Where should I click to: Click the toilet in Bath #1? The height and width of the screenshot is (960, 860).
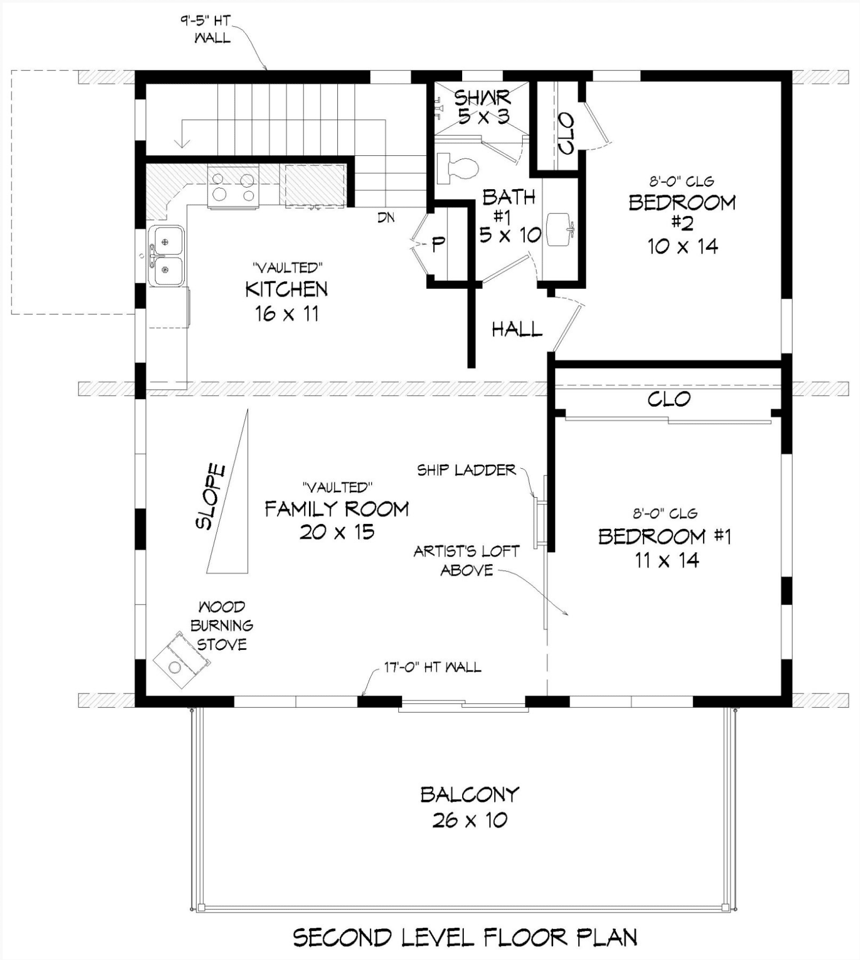pos(456,167)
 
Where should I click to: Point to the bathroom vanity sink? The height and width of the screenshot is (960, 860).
pos(559,230)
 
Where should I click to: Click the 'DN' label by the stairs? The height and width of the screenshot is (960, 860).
pos(386,218)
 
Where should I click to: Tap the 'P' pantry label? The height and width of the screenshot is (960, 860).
pos(438,245)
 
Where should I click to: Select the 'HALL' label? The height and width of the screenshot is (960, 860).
pos(517,329)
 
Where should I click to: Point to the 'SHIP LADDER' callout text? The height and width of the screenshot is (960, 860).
pos(467,470)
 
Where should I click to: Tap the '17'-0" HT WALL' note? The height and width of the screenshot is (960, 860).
pos(433,667)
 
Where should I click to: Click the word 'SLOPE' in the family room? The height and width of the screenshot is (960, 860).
pos(210,496)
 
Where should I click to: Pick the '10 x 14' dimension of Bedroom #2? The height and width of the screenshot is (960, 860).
pos(683,246)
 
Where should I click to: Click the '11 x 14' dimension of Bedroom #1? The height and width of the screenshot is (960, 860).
pos(667,560)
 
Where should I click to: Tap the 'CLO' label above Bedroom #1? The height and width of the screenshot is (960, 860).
pos(669,399)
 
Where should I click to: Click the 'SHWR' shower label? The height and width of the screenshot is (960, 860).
pos(482,98)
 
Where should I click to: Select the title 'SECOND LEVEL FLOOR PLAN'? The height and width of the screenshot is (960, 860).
pos(465,937)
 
